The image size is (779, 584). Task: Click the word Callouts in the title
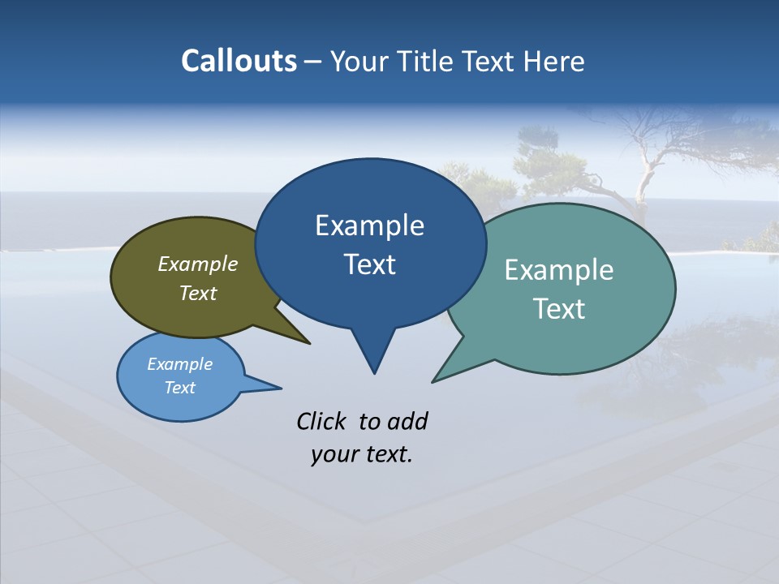pos(239,61)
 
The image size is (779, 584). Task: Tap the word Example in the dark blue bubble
pos(369,225)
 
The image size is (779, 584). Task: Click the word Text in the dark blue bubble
pos(369,264)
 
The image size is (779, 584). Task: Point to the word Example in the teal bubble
pos(559,270)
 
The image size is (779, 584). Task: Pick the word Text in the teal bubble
pos(559,309)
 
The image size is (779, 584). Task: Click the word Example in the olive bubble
pos(198,264)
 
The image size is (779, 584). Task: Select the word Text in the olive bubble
pos(198,293)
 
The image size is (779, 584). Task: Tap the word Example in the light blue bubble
pos(179,364)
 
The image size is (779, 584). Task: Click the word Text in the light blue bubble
pos(179,388)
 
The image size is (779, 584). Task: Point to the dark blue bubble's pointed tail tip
pos(374,372)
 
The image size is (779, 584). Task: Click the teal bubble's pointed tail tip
pos(433,381)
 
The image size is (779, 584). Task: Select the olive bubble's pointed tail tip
pos(309,343)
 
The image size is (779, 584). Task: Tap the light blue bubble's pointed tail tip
pos(281,388)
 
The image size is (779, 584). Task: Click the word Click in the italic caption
pos(323,421)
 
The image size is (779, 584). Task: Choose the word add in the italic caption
pos(407,421)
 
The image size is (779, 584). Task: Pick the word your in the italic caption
pos(334,454)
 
